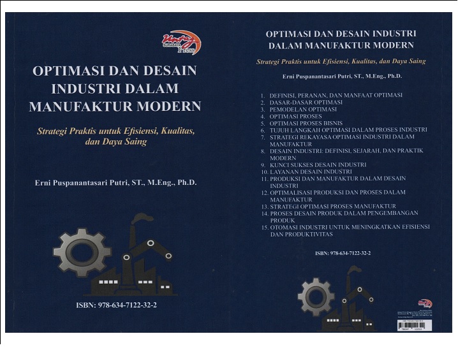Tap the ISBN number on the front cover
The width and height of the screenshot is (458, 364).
116,305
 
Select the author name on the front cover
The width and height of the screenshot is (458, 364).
116,183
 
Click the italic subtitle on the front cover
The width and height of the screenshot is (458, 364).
116,136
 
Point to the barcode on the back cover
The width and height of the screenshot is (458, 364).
414,324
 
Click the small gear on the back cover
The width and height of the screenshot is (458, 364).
316,297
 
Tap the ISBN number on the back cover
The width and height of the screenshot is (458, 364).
343,253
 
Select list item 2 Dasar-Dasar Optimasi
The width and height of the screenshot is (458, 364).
306,102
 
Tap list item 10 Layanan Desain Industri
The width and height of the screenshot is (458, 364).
311,171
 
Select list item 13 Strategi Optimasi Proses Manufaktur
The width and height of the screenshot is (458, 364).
332,206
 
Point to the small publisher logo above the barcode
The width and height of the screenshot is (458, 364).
425,303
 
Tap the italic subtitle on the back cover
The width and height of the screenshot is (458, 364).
341,62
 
